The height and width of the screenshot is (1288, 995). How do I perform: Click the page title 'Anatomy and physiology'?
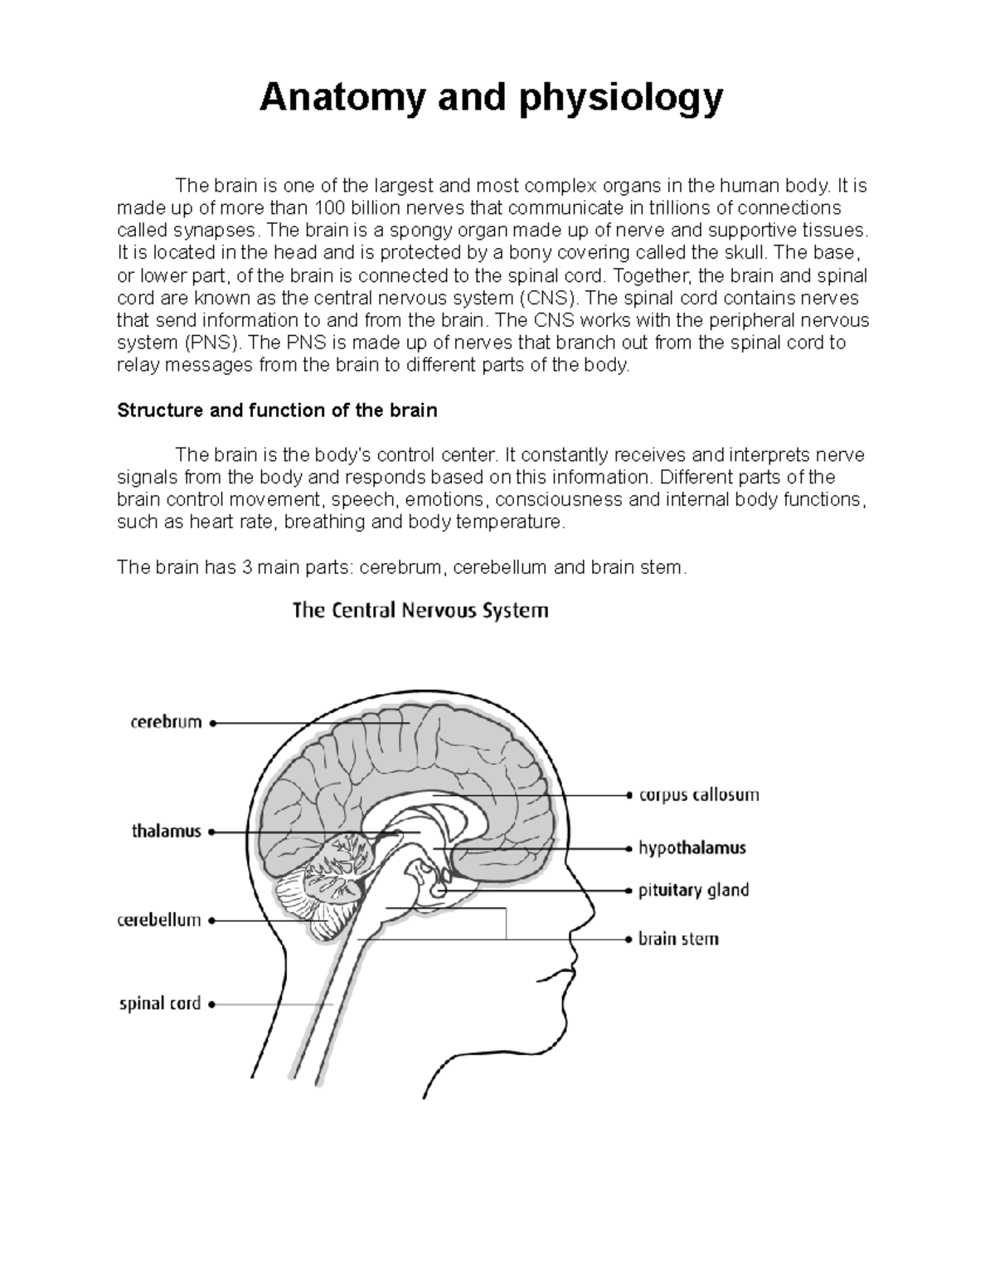click(x=491, y=99)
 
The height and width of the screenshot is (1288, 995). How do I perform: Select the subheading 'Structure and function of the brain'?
click(x=277, y=411)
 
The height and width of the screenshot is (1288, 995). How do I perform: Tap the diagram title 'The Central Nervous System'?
click(x=420, y=611)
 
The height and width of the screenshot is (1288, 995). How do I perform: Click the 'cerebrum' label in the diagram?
click(x=166, y=722)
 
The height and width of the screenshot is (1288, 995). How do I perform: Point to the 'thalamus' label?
click(x=167, y=831)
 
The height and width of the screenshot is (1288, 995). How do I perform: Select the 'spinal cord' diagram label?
click(x=160, y=1004)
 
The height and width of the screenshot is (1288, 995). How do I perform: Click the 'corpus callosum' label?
click(x=698, y=795)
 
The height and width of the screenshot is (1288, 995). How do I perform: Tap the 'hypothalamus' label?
click(x=692, y=848)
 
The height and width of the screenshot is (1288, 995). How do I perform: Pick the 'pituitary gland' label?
click(x=693, y=891)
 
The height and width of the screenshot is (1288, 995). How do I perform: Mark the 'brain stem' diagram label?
click(x=677, y=940)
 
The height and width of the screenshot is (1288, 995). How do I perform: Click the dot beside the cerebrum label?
click(x=213, y=723)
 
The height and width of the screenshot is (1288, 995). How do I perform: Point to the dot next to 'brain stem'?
click(x=628, y=940)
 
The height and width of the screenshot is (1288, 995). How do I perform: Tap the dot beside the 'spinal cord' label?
click(x=212, y=1004)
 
